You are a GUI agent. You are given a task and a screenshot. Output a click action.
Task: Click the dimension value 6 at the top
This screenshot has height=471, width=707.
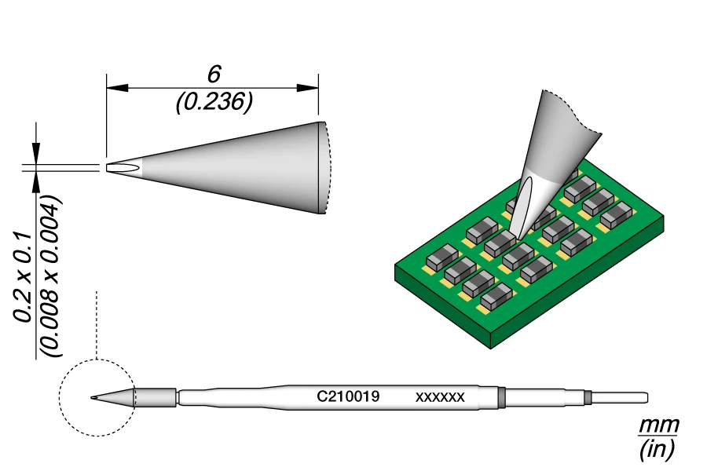[x=213, y=75]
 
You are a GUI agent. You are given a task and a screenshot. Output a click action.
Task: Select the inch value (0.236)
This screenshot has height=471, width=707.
[x=214, y=102]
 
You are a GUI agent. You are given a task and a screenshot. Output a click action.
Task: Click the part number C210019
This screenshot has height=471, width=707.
[x=348, y=397]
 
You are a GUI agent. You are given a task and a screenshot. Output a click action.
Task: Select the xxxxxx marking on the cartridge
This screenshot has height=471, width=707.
[x=440, y=397]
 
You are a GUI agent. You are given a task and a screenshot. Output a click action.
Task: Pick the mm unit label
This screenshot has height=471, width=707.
[x=658, y=425]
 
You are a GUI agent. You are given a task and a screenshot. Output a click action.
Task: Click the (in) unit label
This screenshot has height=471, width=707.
[x=658, y=448]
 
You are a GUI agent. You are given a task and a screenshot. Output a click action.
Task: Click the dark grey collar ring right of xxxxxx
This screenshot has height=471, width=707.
[x=501, y=397]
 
